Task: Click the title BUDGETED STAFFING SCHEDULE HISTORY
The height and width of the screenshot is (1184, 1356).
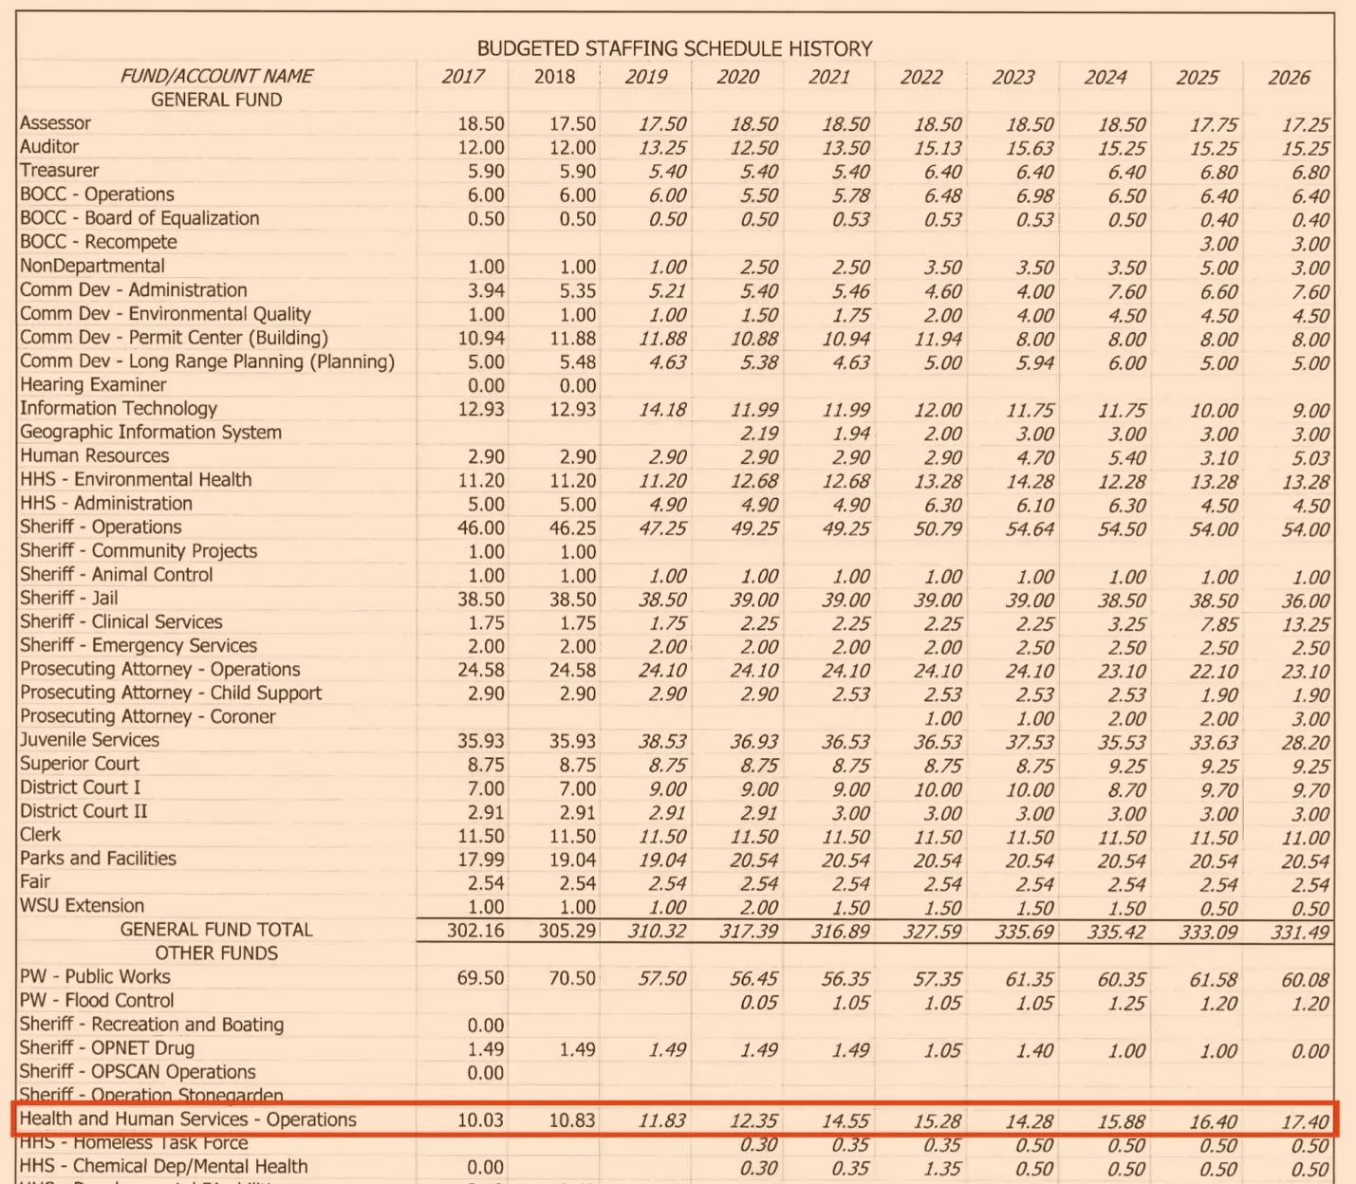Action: pyautogui.click(x=674, y=48)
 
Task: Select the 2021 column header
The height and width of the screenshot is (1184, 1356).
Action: pyautogui.click(x=828, y=77)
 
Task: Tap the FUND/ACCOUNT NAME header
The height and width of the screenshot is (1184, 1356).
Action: pyautogui.click(x=216, y=76)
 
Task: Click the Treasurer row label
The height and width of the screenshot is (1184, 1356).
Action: pyautogui.click(x=59, y=171)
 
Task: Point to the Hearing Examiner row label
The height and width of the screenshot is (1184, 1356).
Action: pyautogui.click(x=93, y=384)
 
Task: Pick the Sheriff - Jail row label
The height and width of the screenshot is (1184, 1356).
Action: pyautogui.click(x=68, y=598)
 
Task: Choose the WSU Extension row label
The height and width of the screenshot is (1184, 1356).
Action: pyautogui.click(x=82, y=906)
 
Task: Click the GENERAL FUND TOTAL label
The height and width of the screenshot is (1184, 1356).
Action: pyautogui.click(x=215, y=930)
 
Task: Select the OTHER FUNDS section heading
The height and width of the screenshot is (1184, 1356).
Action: pyautogui.click(x=216, y=953)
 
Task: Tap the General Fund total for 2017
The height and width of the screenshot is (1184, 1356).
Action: pyautogui.click(x=475, y=931)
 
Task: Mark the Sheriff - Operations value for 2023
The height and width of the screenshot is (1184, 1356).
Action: pyautogui.click(x=1029, y=529)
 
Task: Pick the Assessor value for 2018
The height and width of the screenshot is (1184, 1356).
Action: pyautogui.click(x=572, y=124)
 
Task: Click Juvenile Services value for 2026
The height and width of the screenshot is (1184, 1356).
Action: pyautogui.click(x=1305, y=742)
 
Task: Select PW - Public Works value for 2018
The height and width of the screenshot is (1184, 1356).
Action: pyautogui.click(x=572, y=978)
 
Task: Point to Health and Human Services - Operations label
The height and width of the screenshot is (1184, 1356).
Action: pyautogui.click(x=188, y=1119)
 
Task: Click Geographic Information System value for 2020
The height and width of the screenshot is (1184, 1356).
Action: pyautogui.click(x=755, y=434)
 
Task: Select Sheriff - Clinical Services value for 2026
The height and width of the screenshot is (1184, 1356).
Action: pyautogui.click(x=1305, y=624)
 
